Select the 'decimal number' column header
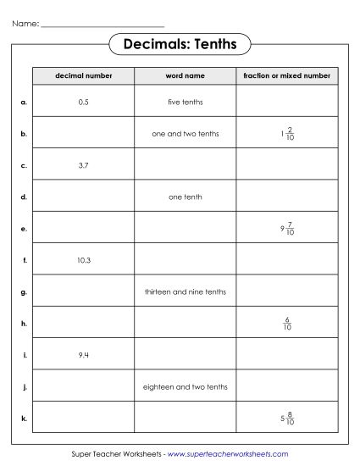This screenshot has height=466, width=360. pos(83,76)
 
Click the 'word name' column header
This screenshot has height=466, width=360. pos(185,76)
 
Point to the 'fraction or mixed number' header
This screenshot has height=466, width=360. pos(286,76)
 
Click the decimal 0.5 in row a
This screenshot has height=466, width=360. pos(83,102)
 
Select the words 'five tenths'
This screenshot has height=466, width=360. pos(185,102)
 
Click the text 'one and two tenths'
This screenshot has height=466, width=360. pos(185,133)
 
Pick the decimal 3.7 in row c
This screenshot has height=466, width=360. pos(83,165)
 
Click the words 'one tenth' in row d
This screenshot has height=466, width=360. pos(185,197)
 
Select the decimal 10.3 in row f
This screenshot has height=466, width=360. pos(83,260)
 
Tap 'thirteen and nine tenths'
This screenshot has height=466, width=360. pos(185,291)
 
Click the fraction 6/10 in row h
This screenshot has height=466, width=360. pos(289,323)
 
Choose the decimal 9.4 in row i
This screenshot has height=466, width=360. pos(83,355)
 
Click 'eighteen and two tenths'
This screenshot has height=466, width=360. pos(185,386)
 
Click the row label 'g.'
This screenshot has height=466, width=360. pos(24,291)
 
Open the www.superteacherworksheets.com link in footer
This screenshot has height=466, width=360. pos(228,455)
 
